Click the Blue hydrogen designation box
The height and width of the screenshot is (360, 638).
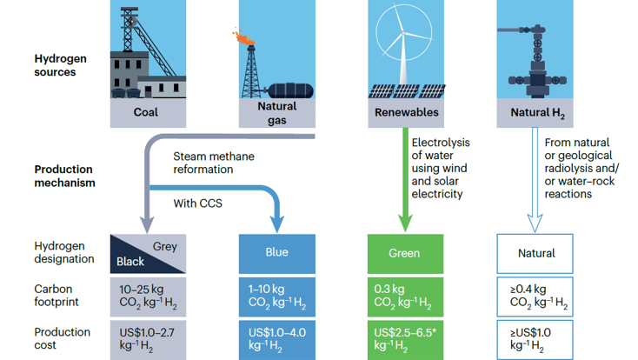276,253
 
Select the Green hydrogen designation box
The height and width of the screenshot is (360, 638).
405,253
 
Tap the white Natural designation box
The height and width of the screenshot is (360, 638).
535,253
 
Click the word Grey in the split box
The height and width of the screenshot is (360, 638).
165,246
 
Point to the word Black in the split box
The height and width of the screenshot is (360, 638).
130,262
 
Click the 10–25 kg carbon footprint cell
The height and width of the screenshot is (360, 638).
148,297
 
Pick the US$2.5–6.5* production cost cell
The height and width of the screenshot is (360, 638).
405,340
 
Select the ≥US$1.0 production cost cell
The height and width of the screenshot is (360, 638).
535,340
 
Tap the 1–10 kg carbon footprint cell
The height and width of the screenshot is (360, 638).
276,297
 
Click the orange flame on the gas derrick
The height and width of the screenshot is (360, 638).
243,37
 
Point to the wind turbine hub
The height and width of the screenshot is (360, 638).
403,32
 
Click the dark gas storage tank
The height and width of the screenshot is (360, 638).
290,90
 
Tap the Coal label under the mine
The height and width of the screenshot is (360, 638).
146,112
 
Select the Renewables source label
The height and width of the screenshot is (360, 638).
407,112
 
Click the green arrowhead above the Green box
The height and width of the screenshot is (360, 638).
405,223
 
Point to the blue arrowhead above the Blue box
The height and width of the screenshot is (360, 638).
277,223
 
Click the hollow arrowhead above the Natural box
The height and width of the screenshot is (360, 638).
535,223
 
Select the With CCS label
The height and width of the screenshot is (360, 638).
198,203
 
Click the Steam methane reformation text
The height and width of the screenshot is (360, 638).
214,163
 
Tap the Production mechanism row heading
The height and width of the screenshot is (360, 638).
64,176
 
